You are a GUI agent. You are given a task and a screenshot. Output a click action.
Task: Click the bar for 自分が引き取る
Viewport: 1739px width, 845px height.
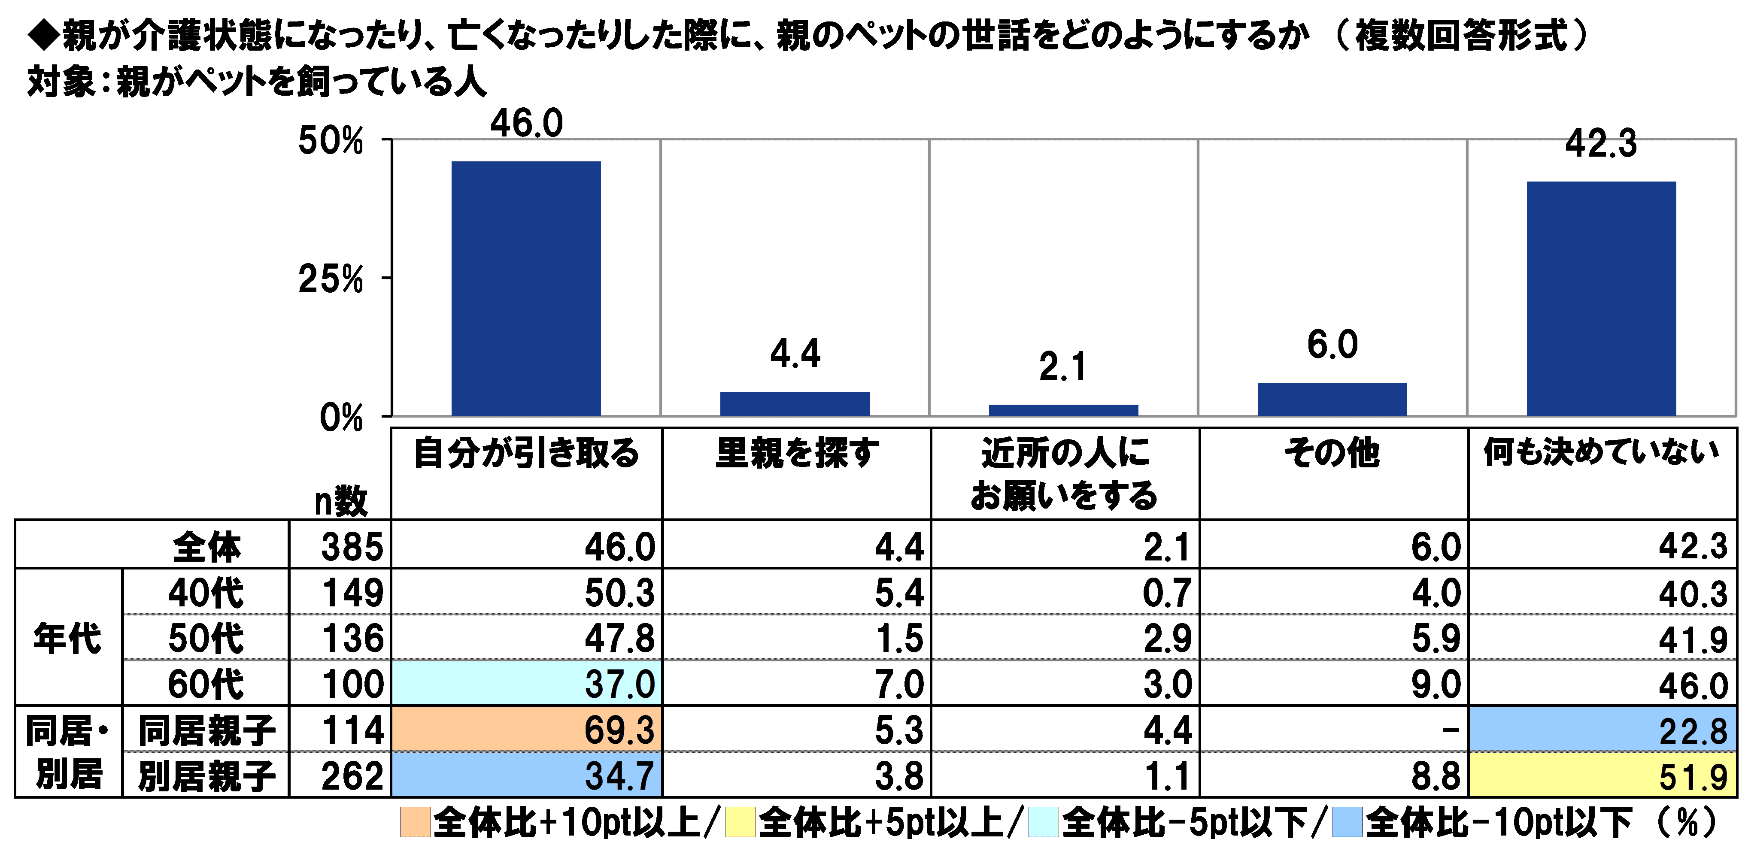526,288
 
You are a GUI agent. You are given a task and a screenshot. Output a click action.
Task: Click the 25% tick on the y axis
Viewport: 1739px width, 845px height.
331,278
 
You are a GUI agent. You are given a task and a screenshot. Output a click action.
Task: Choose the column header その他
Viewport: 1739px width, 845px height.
1332,452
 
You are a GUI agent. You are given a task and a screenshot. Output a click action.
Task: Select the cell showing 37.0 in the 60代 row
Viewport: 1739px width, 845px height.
527,684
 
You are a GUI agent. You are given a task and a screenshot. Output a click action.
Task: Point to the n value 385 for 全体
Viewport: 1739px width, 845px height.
352,546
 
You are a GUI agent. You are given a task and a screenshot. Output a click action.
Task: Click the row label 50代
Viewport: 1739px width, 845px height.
205,638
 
